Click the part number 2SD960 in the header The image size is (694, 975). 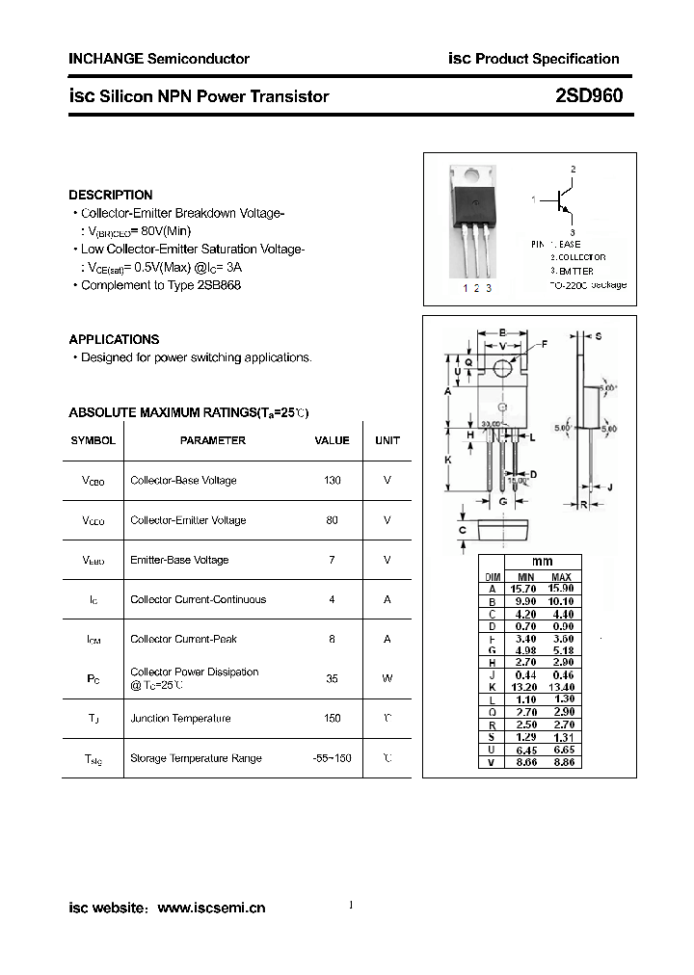click(589, 95)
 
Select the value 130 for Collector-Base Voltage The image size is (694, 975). click(332, 480)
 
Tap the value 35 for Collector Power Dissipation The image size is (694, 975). click(332, 678)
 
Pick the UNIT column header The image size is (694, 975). click(387, 440)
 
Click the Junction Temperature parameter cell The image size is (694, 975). click(180, 719)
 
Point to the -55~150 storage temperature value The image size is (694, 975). click(332, 758)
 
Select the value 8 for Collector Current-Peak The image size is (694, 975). click(332, 639)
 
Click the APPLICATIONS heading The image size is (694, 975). click(114, 339)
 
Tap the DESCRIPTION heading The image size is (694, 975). click(111, 195)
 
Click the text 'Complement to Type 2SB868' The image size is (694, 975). click(161, 285)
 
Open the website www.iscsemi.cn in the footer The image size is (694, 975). click(210, 908)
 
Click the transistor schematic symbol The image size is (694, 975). click(564, 200)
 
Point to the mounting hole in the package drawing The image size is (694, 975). click(502, 369)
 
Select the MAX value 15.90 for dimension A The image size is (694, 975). click(561, 589)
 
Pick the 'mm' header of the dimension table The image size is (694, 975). click(543, 562)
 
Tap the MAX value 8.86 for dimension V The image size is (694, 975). click(561, 763)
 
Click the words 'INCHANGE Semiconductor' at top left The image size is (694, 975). click(159, 59)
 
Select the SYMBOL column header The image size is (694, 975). click(93, 440)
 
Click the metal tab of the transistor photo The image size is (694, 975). click(472, 176)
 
